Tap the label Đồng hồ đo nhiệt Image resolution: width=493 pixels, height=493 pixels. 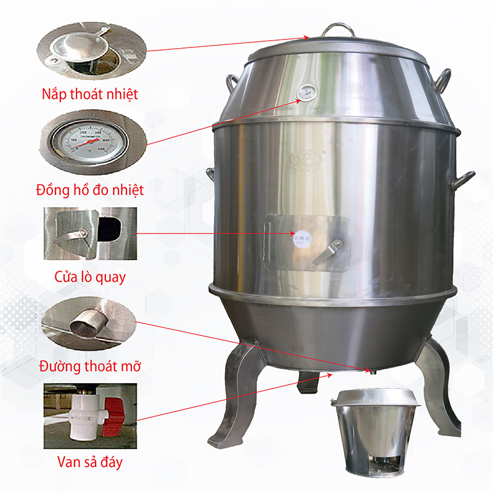91,189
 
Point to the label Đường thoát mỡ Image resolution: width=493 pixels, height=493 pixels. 90,366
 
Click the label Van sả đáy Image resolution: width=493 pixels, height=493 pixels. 91,461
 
